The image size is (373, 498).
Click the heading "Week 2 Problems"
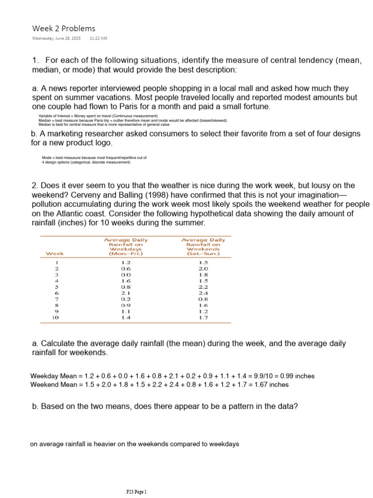point(64,28)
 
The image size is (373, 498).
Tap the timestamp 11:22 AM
point(98,38)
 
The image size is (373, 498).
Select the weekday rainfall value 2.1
point(126,293)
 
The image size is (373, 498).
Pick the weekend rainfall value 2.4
point(203,293)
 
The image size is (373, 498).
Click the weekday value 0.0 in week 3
point(126,274)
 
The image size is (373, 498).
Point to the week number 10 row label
point(55,317)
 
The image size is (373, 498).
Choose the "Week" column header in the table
point(54,253)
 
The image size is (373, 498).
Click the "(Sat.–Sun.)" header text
point(203,253)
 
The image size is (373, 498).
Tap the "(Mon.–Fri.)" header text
point(126,253)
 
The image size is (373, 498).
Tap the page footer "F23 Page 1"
point(136,492)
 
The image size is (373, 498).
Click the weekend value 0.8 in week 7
point(203,299)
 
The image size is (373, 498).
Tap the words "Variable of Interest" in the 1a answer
point(55,116)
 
